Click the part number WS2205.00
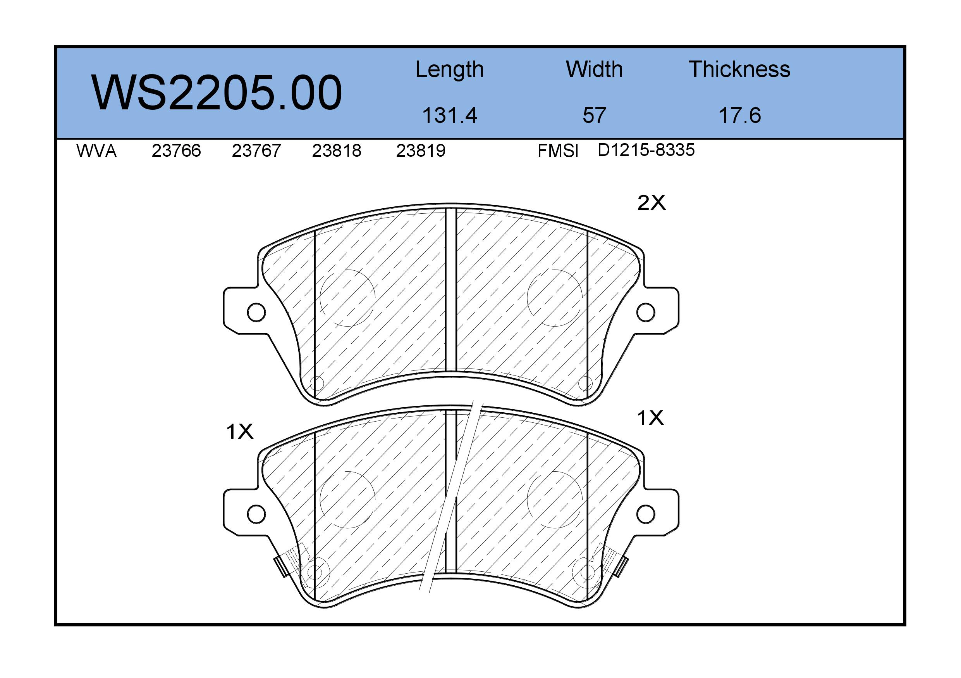click(x=217, y=93)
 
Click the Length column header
click(x=450, y=70)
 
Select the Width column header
click(x=594, y=69)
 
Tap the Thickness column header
click(x=739, y=69)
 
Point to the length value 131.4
click(x=450, y=115)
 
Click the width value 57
click(x=594, y=115)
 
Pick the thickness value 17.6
click(x=739, y=115)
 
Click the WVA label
click(x=96, y=150)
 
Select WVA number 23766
click(x=176, y=150)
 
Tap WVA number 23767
click(x=256, y=150)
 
